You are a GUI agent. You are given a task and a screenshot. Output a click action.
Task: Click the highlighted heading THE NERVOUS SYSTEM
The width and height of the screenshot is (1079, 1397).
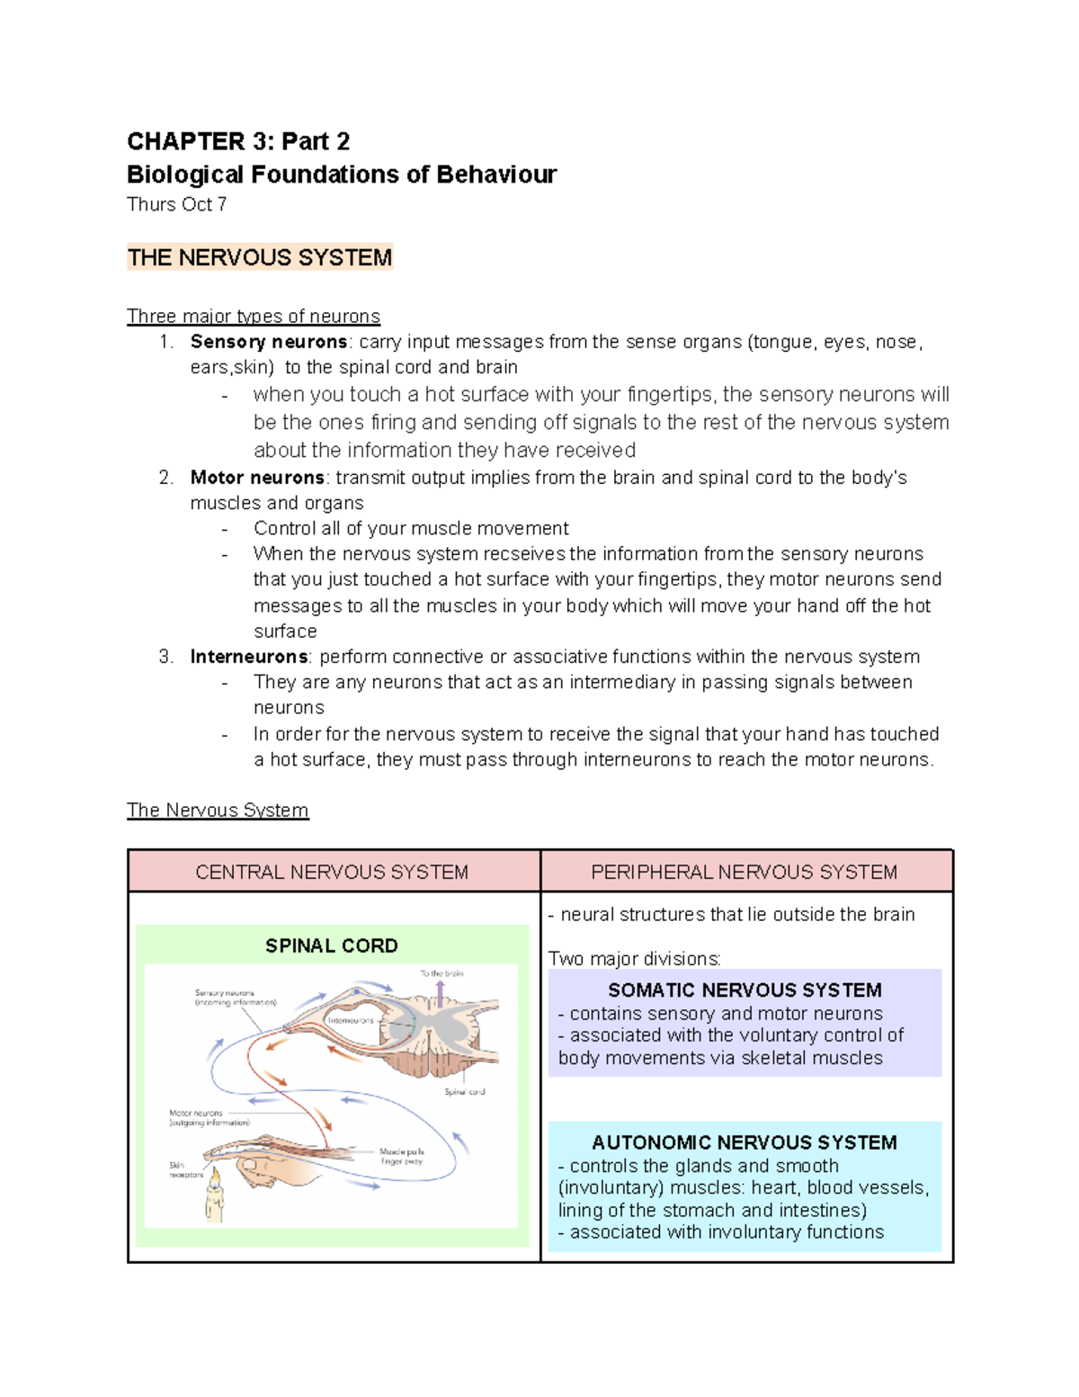[259, 258]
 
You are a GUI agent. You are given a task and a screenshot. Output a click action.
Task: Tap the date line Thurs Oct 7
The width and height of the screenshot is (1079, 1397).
[176, 205]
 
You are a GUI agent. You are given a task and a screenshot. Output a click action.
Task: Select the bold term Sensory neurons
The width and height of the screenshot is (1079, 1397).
[268, 342]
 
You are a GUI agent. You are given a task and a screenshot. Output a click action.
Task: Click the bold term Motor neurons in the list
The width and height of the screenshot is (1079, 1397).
[257, 478]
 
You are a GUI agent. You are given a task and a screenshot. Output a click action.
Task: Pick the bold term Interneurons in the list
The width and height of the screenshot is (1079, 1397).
[249, 657]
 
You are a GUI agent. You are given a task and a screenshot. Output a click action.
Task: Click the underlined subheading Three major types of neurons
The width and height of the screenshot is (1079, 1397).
[253, 317]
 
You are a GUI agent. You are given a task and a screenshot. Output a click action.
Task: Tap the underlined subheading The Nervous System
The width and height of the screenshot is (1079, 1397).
[217, 810]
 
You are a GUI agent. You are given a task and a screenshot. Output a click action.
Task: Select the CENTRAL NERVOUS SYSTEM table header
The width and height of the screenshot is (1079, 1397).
[332, 872]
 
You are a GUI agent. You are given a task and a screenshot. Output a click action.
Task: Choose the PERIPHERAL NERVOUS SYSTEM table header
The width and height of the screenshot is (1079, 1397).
[744, 872]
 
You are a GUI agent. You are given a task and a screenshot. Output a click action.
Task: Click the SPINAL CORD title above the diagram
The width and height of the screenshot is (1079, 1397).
[331, 946]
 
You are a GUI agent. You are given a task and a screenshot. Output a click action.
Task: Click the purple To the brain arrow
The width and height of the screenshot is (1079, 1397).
[440, 994]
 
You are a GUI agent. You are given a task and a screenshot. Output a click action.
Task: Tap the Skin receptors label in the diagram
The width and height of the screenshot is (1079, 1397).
[185, 1170]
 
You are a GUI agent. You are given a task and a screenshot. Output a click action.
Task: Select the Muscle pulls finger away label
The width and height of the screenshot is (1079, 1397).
[401, 1157]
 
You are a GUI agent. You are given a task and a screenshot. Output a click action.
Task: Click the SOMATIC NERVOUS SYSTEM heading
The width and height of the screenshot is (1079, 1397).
[745, 990]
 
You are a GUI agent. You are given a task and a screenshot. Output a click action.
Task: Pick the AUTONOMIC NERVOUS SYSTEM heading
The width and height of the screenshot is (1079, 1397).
[744, 1142]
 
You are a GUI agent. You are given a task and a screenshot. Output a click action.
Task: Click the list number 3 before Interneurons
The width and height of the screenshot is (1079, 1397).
[165, 657]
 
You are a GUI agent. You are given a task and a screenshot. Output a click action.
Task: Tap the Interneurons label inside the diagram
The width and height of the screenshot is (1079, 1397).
[351, 1021]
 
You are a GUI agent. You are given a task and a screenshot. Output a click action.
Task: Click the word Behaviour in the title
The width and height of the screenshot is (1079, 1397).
[496, 175]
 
